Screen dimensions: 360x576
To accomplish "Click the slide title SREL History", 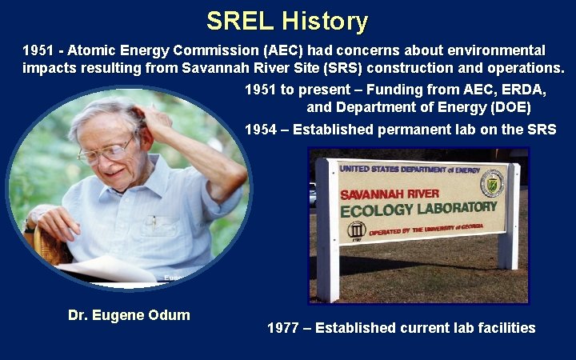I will pos(287,21).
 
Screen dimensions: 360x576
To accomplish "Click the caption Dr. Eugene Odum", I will pos(129,314).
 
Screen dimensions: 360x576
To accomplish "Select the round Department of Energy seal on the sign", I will pos(491,184).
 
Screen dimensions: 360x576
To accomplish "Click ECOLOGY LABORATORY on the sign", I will pos(418,210).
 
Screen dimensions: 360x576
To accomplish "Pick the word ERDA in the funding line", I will pos(511,88).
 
